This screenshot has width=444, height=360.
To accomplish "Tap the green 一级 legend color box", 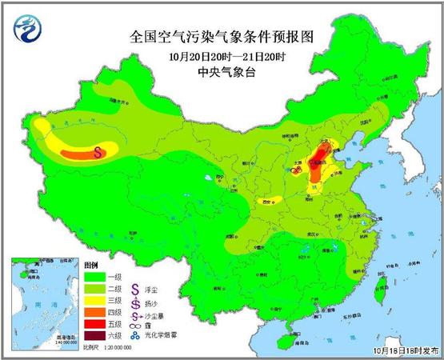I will point(94,276).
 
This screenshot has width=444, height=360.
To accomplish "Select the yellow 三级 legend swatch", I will point(94,300).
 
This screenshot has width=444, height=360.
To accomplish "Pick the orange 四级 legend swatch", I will point(94,312).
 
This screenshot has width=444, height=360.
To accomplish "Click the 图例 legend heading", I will point(90,265).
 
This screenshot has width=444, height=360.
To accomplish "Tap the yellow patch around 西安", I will point(272,201).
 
